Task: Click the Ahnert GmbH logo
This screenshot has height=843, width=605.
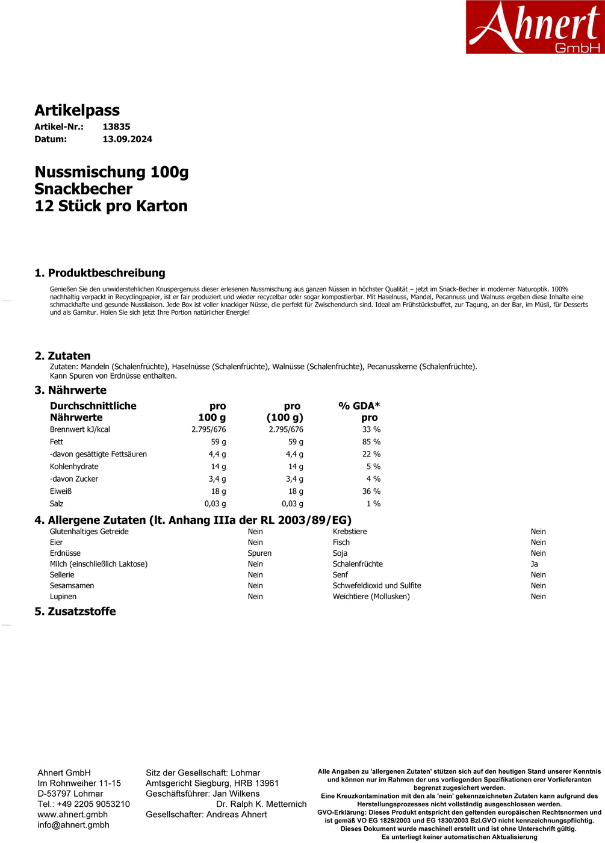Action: [535, 27]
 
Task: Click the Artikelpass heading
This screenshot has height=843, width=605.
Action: [77, 110]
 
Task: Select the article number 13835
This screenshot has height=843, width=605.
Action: [116, 126]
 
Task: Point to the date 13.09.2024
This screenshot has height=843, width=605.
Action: [127, 139]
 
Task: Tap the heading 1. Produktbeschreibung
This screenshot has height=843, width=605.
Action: [100, 273]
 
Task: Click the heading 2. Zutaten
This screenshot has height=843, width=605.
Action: [63, 356]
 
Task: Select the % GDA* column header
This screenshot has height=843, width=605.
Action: [359, 406]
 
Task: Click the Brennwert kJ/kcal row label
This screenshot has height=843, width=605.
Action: [79, 429]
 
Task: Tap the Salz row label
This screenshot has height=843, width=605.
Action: [57, 503]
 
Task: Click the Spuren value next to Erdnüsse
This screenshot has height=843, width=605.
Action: [259, 553]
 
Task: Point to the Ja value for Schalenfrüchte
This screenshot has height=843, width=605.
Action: [534, 564]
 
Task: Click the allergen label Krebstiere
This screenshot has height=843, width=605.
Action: [350, 531]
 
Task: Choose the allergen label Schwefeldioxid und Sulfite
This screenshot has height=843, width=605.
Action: [377, 585]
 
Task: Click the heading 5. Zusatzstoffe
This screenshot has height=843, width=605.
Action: [75, 611]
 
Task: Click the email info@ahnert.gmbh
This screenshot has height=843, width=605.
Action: [73, 825]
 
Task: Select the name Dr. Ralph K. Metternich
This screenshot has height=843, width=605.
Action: [261, 804]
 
